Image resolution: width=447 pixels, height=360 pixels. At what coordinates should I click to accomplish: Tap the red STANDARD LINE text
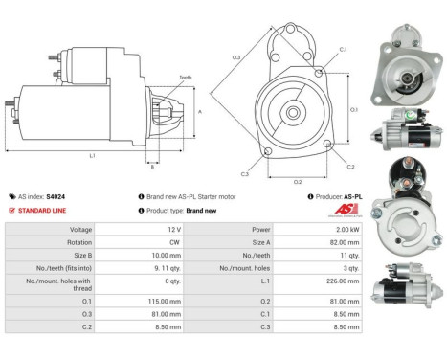coord(43,211)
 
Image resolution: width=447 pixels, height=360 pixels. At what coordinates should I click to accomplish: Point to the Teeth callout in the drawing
coord(184,78)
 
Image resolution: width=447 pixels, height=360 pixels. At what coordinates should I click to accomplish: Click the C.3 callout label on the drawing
coord(245,173)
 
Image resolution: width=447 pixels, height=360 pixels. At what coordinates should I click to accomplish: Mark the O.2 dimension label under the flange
coord(298,181)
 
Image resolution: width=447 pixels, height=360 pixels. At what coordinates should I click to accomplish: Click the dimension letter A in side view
coord(198,111)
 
